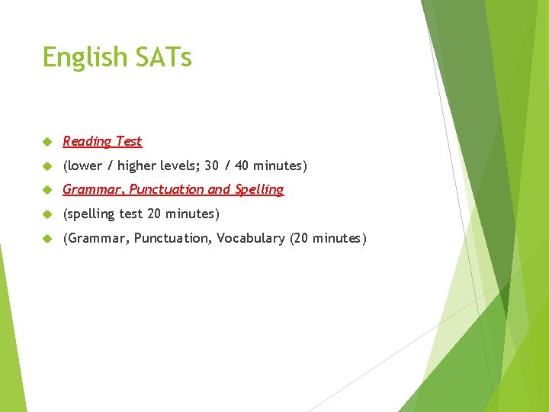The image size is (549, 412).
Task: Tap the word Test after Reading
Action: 128,141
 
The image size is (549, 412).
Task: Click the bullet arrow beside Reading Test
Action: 47,142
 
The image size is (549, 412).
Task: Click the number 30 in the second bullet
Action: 212,166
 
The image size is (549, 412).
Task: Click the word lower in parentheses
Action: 84,166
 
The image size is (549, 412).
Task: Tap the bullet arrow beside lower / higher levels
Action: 47,166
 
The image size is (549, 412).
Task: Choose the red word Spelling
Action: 259,190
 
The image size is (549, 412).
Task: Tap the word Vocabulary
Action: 250,238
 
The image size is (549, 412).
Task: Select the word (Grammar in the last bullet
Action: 95,239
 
